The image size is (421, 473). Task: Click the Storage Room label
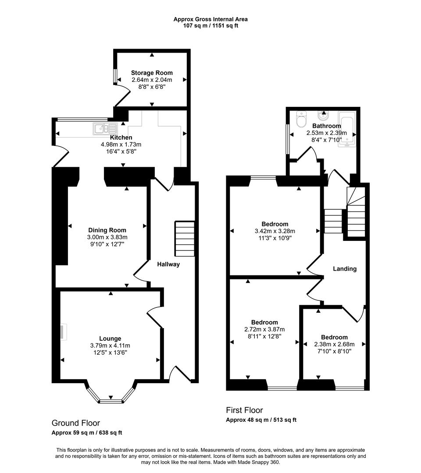click(152, 73)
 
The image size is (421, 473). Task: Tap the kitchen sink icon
click(105, 129)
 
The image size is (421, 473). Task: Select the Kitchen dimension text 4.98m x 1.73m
click(121, 144)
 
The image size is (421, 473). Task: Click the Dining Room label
click(107, 230)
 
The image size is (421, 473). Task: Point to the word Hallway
click(168, 264)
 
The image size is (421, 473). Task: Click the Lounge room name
click(110, 339)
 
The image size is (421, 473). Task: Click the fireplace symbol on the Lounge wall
click(64, 332)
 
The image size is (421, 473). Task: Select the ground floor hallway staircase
click(185, 238)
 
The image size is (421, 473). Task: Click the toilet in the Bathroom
click(302, 118)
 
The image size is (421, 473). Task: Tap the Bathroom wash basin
click(324, 116)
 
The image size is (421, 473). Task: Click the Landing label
click(345, 268)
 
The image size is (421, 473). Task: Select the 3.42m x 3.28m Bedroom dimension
click(275, 231)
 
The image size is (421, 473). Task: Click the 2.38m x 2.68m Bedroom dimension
click(334, 344)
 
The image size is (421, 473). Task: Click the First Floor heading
click(244, 410)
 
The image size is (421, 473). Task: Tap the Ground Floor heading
click(76, 423)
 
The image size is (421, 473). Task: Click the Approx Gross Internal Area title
click(210, 19)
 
